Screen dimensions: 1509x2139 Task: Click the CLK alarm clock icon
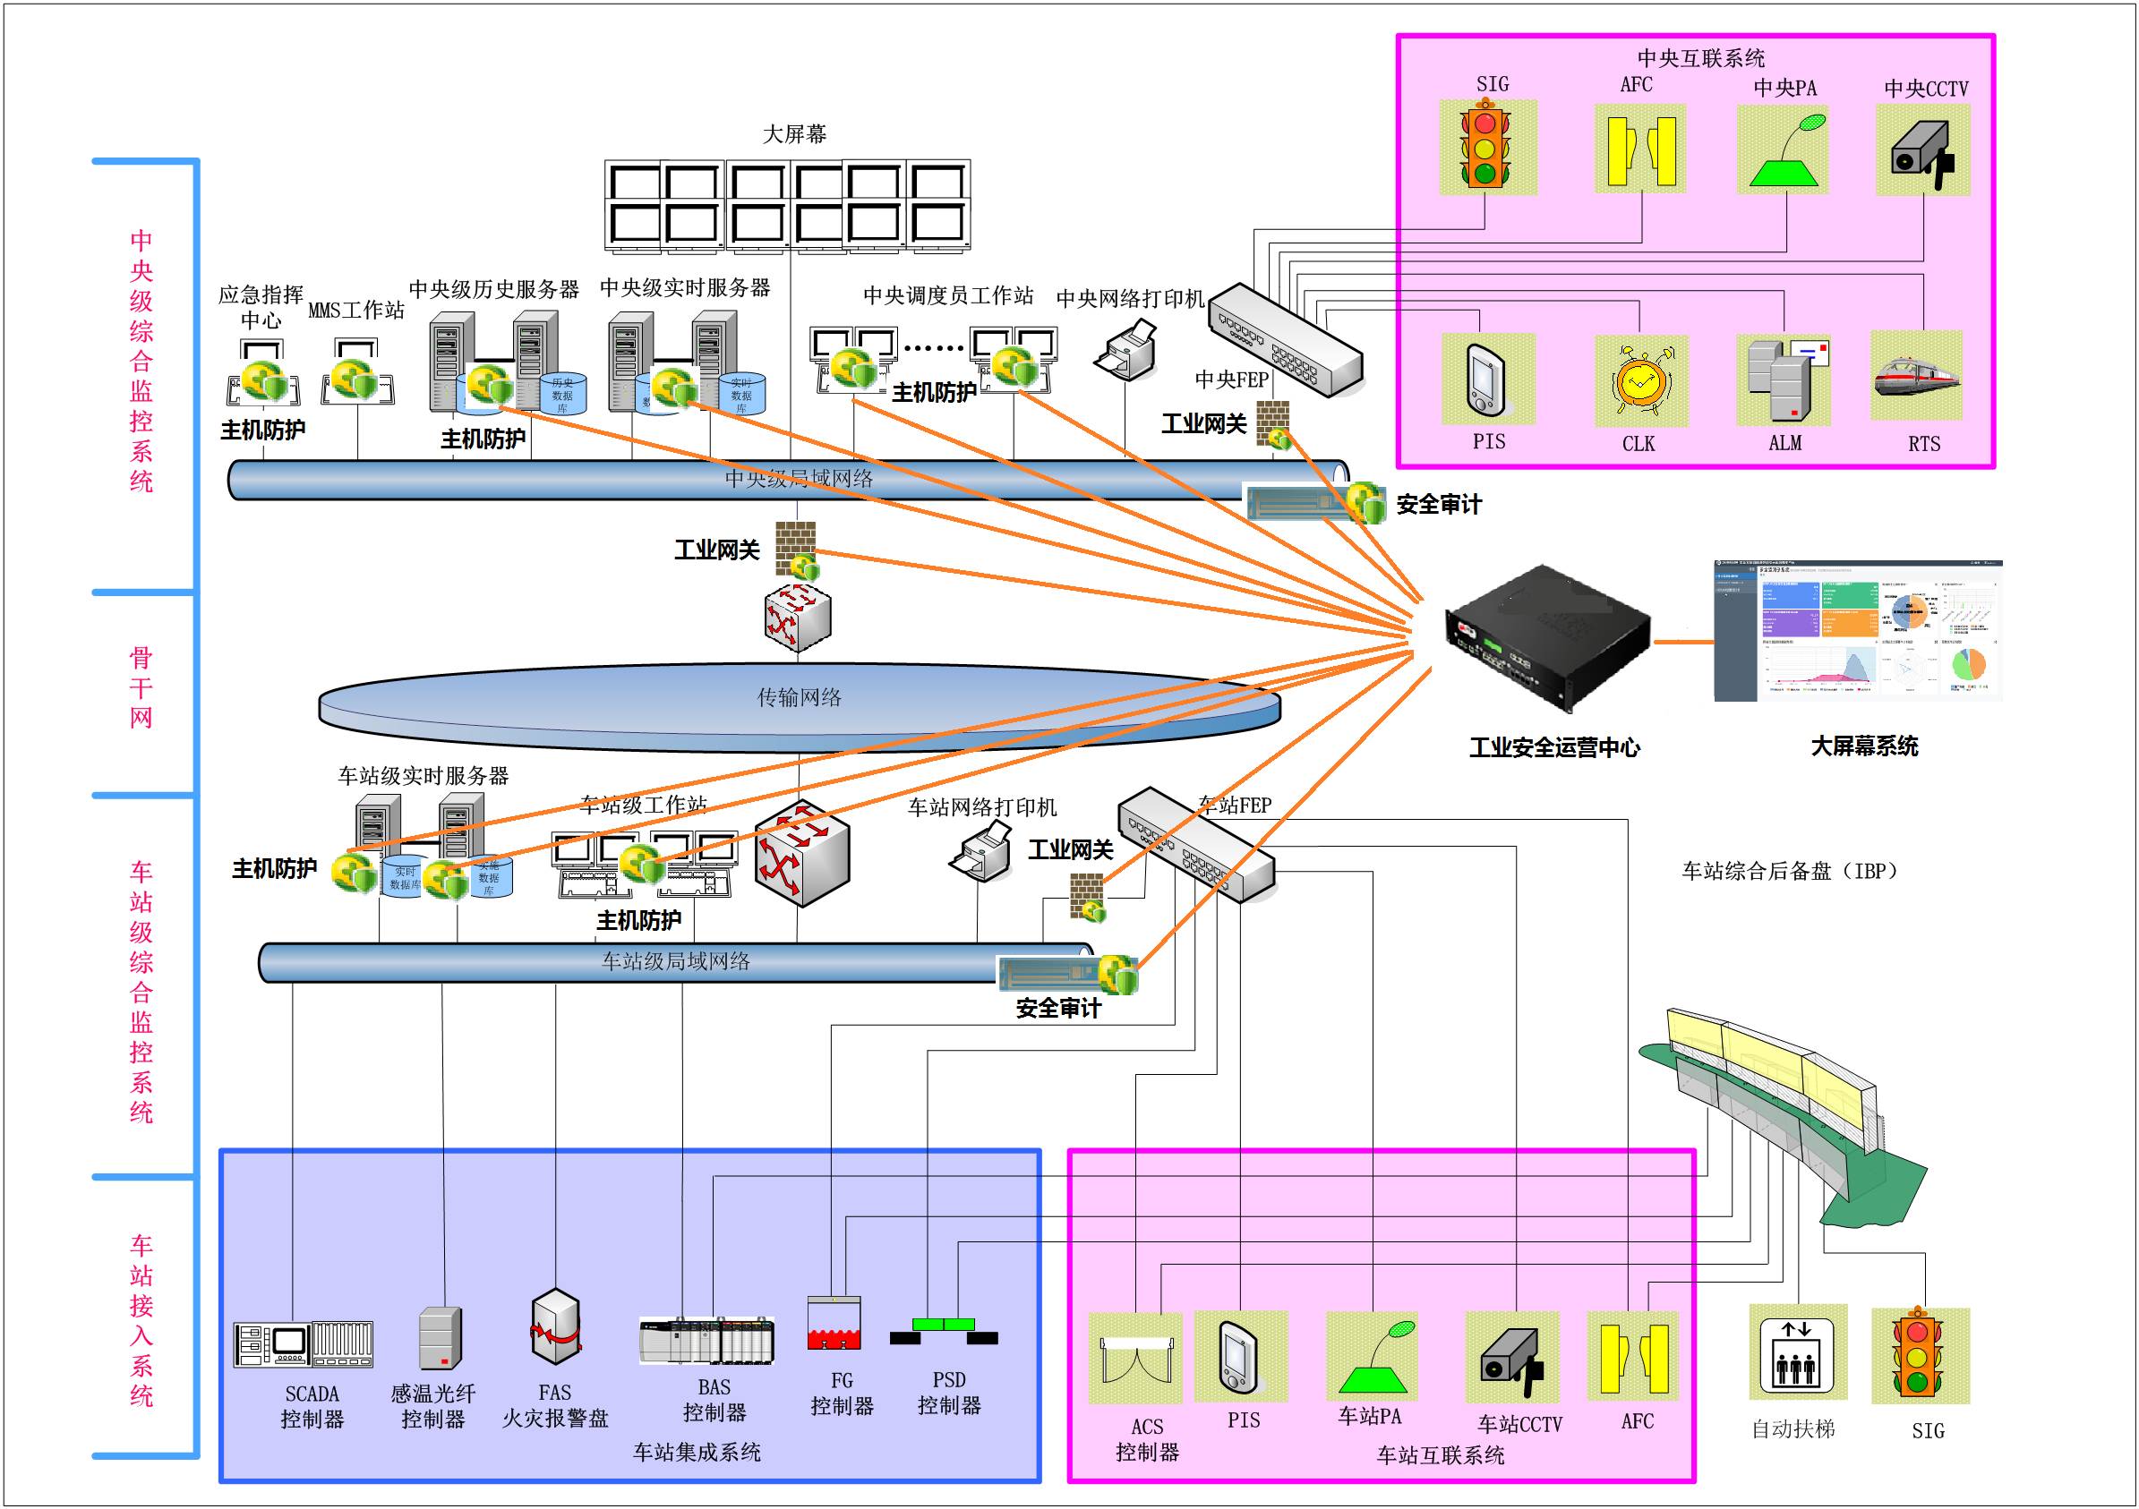click(1640, 380)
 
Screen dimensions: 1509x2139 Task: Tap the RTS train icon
click(1916, 376)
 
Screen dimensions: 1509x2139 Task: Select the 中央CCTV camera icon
click(1922, 150)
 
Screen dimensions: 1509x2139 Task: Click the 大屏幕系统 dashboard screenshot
click(1858, 631)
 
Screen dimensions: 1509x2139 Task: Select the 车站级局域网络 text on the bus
click(675, 961)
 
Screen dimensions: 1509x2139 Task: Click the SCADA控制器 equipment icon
click(303, 1344)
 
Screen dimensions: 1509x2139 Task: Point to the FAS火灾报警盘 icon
click(555, 1326)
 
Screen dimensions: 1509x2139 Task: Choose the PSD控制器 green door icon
click(944, 1330)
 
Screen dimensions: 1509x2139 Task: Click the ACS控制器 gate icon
click(1134, 1358)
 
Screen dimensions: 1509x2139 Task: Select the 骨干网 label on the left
click(141, 687)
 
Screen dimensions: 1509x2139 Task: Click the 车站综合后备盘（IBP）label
click(1789, 871)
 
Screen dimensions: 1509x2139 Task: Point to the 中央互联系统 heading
click(1700, 58)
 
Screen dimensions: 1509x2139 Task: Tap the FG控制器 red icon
click(834, 1324)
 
